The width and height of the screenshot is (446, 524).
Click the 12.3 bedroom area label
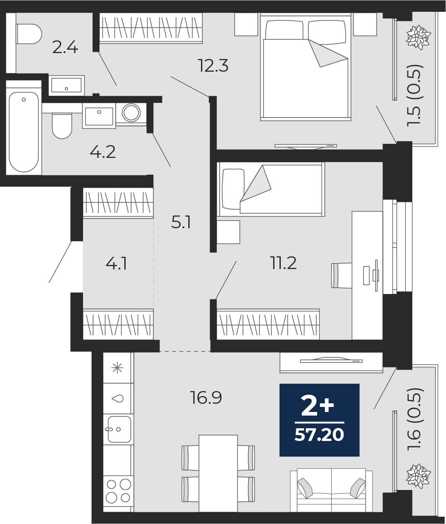[213, 65]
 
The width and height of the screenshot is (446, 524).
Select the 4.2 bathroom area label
[103, 152]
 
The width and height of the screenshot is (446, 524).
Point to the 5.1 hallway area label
[181, 222]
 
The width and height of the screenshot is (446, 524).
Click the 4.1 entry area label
[116, 264]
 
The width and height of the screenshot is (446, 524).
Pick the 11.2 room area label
[283, 263]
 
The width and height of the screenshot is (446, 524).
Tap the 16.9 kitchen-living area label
[206, 398]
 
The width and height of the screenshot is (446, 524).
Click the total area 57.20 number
[319, 435]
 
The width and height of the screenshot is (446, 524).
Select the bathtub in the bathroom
[24, 132]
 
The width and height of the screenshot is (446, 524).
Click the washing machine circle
[131, 113]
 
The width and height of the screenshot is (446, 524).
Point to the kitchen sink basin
[118, 429]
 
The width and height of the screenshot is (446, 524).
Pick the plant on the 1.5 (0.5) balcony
[418, 37]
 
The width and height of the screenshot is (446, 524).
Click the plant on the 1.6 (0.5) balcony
[418, 476]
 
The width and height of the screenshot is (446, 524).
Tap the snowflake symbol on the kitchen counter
[118, 368]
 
